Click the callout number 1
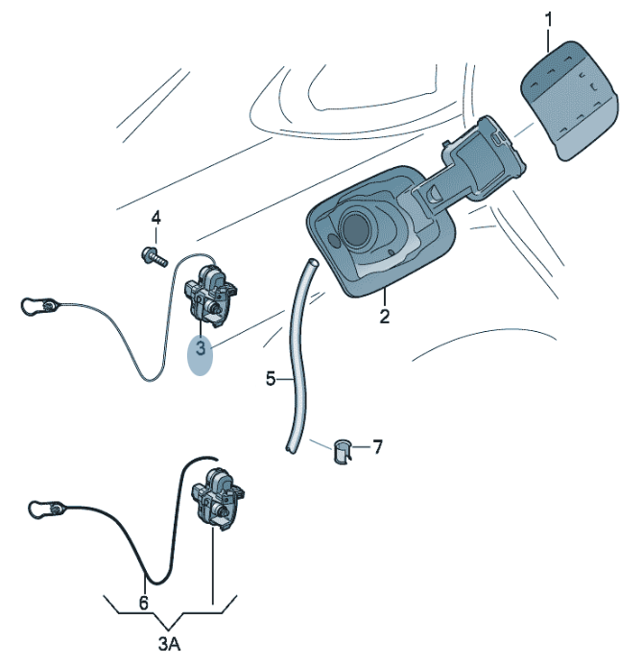coord(548,20)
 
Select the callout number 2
coord(384,317)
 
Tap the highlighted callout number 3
coord(201,347)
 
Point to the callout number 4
coord(156,219)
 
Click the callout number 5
coord(271,379)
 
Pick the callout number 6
coord(144,603)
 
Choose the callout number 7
coord(377,447)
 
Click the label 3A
coord(170,644)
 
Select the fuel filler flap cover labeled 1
coord(569,101)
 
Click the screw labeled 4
coord(155,256)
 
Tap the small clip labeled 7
coord(343,452)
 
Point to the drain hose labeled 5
coord(298,356)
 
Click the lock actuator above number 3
coord(210,296)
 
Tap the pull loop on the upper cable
coord(34,306)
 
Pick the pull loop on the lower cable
coord(41,509)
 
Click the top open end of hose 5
coord(313,262)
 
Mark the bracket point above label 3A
coord(170,628)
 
